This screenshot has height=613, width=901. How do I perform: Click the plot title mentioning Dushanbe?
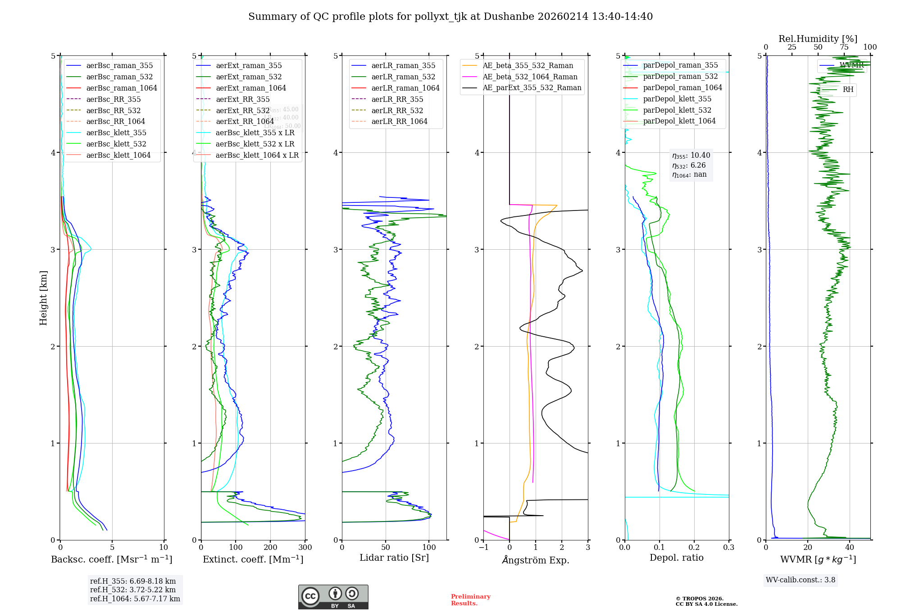point(450,17)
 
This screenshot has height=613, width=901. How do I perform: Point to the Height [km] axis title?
point(43,297)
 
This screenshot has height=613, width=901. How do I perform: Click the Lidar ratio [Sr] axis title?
point(394,558)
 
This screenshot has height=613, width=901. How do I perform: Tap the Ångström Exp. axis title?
point(536,560)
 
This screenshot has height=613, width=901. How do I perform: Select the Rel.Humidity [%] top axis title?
point(818,39)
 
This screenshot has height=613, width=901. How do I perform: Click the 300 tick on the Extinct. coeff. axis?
point(305,547)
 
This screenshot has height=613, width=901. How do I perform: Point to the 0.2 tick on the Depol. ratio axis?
point(694,547)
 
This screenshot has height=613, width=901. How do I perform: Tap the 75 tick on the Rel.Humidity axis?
point(844,47)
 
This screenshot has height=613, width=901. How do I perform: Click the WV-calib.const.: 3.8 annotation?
point(801,580)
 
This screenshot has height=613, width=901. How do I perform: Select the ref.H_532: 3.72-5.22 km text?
point(133,590)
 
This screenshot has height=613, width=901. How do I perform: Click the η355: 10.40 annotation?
point(691,156)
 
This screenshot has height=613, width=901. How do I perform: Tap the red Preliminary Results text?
point(470,599)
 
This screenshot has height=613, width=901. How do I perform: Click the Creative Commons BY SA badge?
point(333,597)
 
